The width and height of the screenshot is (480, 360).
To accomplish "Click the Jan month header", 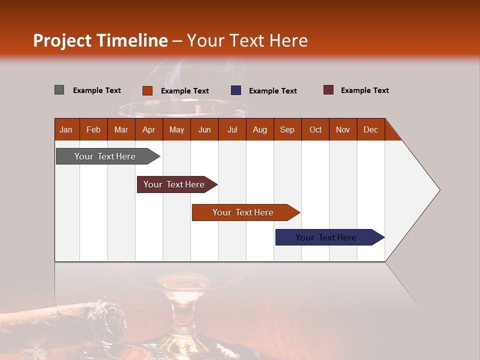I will click(66, 129).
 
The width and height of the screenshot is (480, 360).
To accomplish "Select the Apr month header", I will click(149, 129).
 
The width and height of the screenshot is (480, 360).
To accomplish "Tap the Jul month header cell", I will click(232, 129).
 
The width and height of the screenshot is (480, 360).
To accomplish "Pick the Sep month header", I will click(287, 129).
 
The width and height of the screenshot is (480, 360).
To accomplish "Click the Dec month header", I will click(370, 129).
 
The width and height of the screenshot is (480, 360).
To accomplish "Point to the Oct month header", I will click(315, 129).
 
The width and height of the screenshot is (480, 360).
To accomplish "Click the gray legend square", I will click(59, 90).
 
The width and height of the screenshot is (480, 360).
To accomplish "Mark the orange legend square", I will click(147, 90).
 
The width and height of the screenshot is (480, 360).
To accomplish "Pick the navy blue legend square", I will click(236, 90).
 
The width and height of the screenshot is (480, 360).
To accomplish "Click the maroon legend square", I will click(328, 90).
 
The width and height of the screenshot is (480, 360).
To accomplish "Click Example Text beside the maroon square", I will click(364, 90).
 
